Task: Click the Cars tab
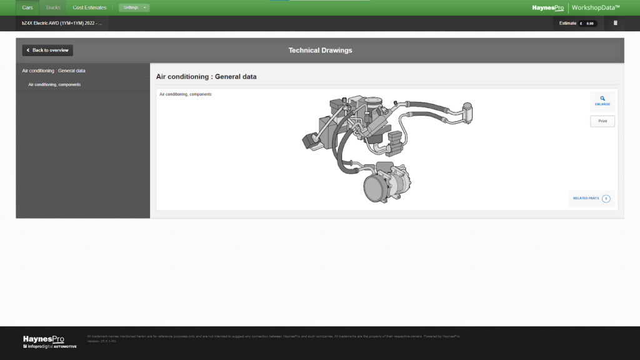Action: coord(27,7)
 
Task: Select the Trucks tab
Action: coord(53,7)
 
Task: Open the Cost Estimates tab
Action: coord(89,7)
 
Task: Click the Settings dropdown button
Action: coord(134,7)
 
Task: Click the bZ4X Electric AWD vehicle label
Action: coord(61,23)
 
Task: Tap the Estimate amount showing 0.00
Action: coord(587,23)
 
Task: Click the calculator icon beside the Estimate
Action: coord(615,23)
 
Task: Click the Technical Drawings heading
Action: coord(320,50)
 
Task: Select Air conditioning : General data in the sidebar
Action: coord(54,71)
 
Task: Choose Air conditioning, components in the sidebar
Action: coord(54,84)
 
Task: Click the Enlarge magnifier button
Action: coord(602,101)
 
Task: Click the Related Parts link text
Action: coord(586,198)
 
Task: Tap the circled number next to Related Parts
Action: coord(606,199)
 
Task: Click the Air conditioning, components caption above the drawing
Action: coord(186,94)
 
